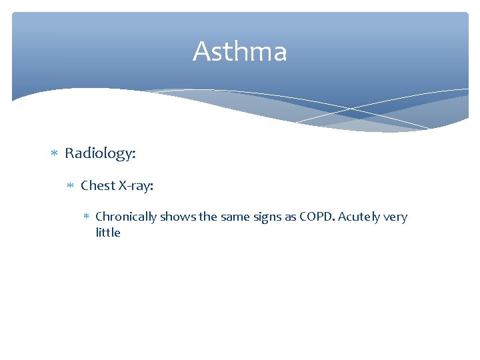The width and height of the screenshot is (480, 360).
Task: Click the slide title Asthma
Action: pyautogui.click(x=240, y=52)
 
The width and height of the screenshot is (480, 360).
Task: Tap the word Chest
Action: pyautogui.click(x=97, y=186)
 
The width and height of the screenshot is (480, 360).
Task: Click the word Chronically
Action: pyautogui.click(x=127, y=217)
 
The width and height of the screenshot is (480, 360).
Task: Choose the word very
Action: pyautogui.click(x=398, y=217)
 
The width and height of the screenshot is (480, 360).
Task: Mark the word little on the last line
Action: pyautogui.click(x=108, y=233)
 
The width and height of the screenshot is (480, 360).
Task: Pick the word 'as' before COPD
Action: pyautogui.click(x=288, y=217)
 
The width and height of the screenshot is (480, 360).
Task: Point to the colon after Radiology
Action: pyautogui.click(x=134, y=155)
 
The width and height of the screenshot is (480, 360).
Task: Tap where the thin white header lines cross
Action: pyautogui.click(x=351, y=107)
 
